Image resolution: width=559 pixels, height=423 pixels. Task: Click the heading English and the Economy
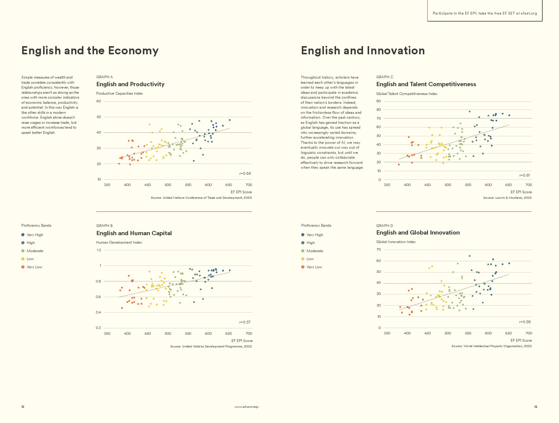tap(90, 51)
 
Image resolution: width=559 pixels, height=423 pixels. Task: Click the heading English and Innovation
tap(363, 51)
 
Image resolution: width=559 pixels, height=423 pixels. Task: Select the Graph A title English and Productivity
tap(130, 84)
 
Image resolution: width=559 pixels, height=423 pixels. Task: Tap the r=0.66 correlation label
tap(245, 174)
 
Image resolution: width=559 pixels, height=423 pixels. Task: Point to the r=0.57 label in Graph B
tap(245, 322)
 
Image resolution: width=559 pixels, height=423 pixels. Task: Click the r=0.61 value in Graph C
tap(525, 175)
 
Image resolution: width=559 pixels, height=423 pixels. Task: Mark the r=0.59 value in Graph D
tap(525, 322)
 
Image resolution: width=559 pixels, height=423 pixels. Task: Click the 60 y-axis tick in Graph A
tap(99, 101)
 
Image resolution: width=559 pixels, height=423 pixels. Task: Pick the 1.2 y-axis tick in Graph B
tap(99, 250)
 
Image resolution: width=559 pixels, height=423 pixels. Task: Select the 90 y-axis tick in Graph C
tap(379, 101)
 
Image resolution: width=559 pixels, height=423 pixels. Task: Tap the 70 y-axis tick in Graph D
tap(379, 250)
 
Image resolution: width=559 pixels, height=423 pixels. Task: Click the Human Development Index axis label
tap(119, 242)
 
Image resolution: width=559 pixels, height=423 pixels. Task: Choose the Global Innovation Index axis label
tap(396, 242)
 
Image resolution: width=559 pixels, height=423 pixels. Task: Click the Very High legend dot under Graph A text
tap(23, 235)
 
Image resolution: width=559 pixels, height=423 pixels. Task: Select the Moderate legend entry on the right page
tap(315, 251)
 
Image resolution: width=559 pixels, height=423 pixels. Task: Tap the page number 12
tap(23, 407)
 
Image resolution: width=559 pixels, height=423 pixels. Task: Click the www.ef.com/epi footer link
tap(247, 407)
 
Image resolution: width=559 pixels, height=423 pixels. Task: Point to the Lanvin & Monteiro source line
tap(507, 198)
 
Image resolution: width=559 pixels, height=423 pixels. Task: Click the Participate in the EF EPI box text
tap(485, 13)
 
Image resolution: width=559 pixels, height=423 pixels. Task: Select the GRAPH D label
tap(385, 226)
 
